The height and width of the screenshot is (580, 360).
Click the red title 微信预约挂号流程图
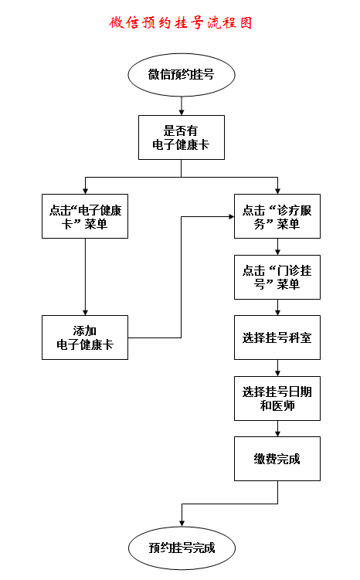tap(181, 22)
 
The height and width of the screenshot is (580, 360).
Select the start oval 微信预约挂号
tap(181, 75)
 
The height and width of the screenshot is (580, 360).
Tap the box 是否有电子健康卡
tap(181, 137)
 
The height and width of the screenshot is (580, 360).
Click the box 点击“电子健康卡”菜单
tap(85, 215)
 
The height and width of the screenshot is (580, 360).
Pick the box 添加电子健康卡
tap(85, 337)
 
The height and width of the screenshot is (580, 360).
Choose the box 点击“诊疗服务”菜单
tap(277, 215)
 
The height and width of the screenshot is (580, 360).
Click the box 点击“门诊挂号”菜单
tap(277, 276)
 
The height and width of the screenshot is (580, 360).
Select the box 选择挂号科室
tap(277, 337)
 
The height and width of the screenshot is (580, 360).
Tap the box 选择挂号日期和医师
tap(277, 398)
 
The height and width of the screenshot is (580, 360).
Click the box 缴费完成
tap(277, 459)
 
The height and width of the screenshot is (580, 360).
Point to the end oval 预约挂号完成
tap(181, 549)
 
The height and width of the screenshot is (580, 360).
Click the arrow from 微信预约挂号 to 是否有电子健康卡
tap(181, 106)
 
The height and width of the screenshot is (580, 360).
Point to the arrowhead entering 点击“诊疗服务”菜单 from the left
tap(230, 216)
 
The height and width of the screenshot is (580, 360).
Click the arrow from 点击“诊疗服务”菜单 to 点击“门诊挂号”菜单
tap(277, 246)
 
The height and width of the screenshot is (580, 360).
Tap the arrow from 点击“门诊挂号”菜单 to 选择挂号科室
tap(277, 307)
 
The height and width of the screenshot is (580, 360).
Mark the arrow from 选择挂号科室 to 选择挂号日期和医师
tap(277, 368)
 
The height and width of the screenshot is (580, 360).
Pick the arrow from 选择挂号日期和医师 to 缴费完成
tap(277, 429)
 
